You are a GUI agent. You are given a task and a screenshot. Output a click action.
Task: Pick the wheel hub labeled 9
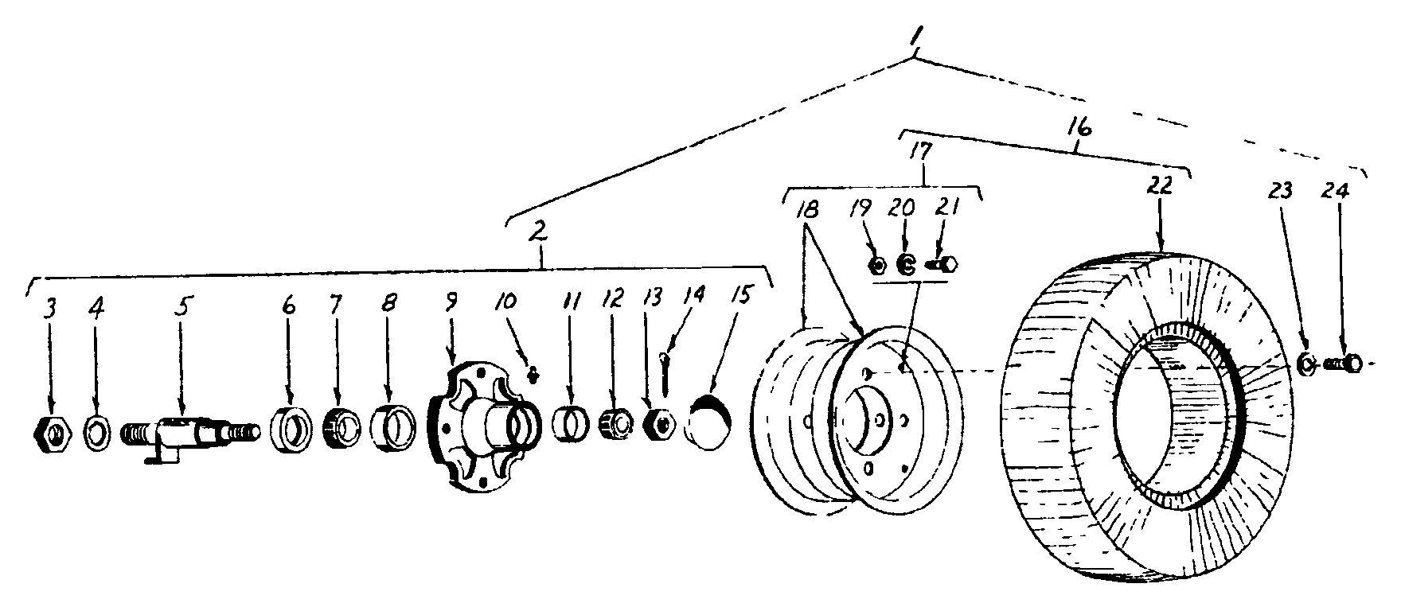pos(478,426)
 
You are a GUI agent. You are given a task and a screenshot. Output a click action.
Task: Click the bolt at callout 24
pos(1345,364)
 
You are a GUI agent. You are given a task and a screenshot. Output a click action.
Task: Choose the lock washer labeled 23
pos(1305,364)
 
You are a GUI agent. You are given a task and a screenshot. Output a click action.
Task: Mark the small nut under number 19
pos(877,265)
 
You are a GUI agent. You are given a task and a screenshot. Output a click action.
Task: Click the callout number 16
pos(1081,129)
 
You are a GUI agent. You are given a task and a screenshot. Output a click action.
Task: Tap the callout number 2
pos(538,232)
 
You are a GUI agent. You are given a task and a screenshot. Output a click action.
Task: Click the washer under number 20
pos(905,264)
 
